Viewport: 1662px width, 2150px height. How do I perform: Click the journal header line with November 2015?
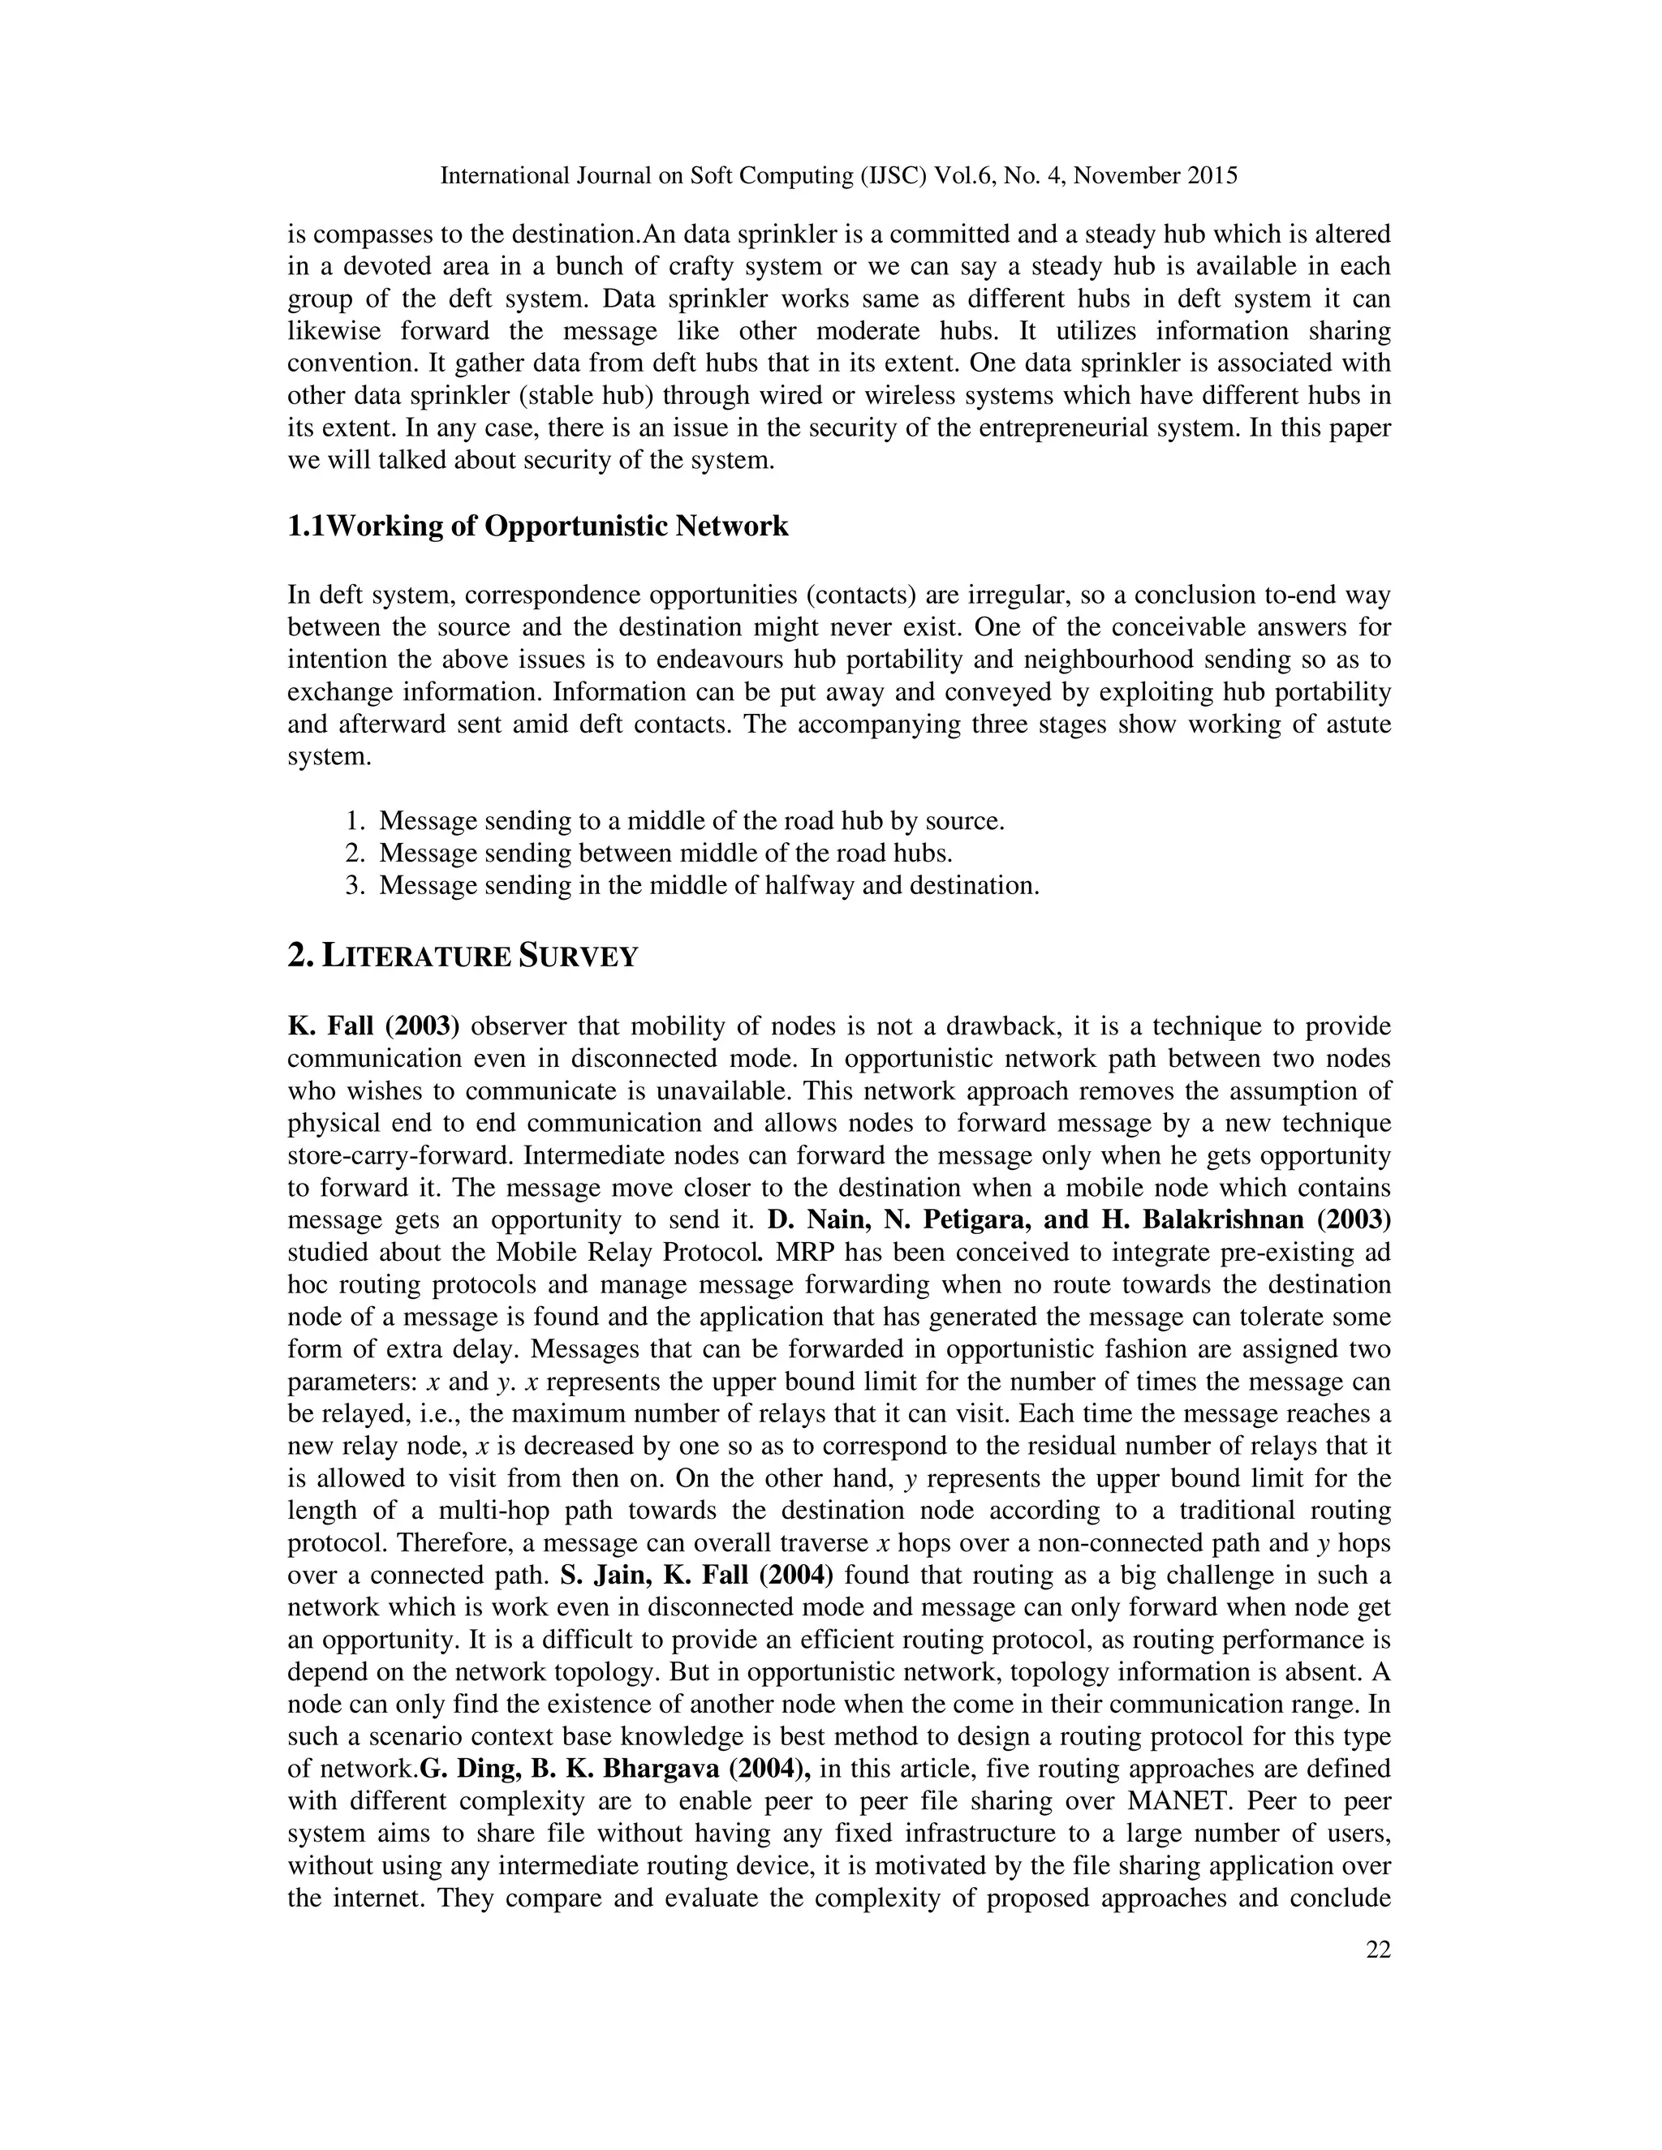[x=837, y=176]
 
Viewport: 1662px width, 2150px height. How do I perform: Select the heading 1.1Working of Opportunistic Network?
[x=537, y=527]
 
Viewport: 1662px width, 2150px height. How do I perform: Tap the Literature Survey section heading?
[x=463, y=956]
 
